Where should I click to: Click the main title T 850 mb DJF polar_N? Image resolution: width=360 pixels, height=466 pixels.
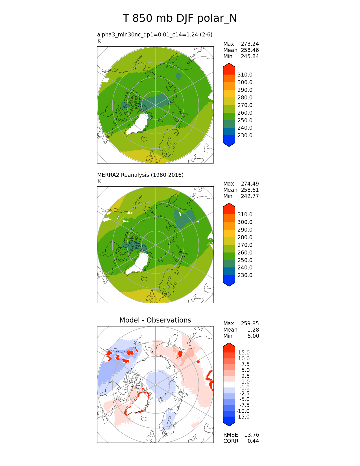pyautogui.click(x=180, y=18)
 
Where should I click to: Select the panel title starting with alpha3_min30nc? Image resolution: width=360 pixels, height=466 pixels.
pyautogui.click(x=155, y=34)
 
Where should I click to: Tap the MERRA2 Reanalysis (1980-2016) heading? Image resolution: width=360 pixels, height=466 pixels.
pyautogui.click(x=140, y=175)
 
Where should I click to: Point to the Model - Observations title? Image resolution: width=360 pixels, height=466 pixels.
pyautogui.click(x=155, y=320)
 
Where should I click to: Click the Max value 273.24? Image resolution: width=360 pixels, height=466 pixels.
pyautogui.click(x=250, y=44)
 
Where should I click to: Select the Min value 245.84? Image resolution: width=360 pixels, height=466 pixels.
pyautogui.click(x=250, y=56)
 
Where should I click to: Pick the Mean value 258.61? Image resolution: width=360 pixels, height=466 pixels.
pyautogui.click(x=250, y=190)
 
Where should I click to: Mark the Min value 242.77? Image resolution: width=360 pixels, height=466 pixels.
pyautogui.click(x=250, y=196)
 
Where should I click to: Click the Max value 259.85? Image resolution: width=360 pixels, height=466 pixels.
pyautogui.click(x=250, y=323)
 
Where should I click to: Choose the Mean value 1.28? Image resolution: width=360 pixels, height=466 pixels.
pyautogui.click(x=254, y=330)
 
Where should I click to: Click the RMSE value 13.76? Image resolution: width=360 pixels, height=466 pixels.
pyautogui.click(x=252, y=435)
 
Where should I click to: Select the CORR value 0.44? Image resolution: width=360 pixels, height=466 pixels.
pyautogui.click(x=253, y=441)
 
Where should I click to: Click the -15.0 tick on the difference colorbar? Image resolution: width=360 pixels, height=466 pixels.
pyautogui.click(x=243, y=417)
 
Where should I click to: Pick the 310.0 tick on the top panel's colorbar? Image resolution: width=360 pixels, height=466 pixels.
pyautogui.click(x=245, y=75)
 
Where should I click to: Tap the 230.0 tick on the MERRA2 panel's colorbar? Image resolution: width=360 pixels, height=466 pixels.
pyautogui.click(x=245, y=275)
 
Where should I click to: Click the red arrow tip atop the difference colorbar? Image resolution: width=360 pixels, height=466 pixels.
pyautogui.click(x=229, y=345)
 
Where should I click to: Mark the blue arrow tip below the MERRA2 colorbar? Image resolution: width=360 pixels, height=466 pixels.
pyautogui.click(x=229, y=284)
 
